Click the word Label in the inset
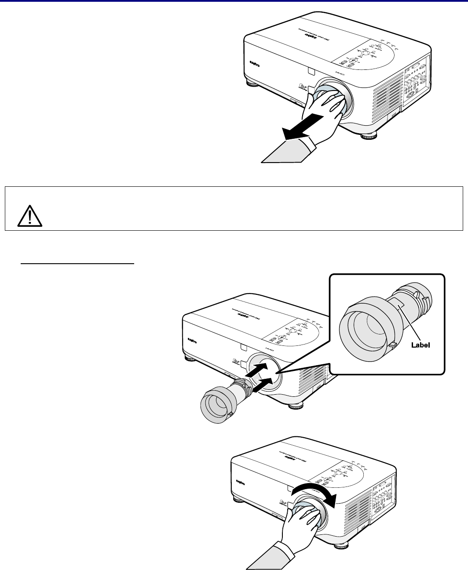coord(420,345)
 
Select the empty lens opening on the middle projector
coord(264,371)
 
